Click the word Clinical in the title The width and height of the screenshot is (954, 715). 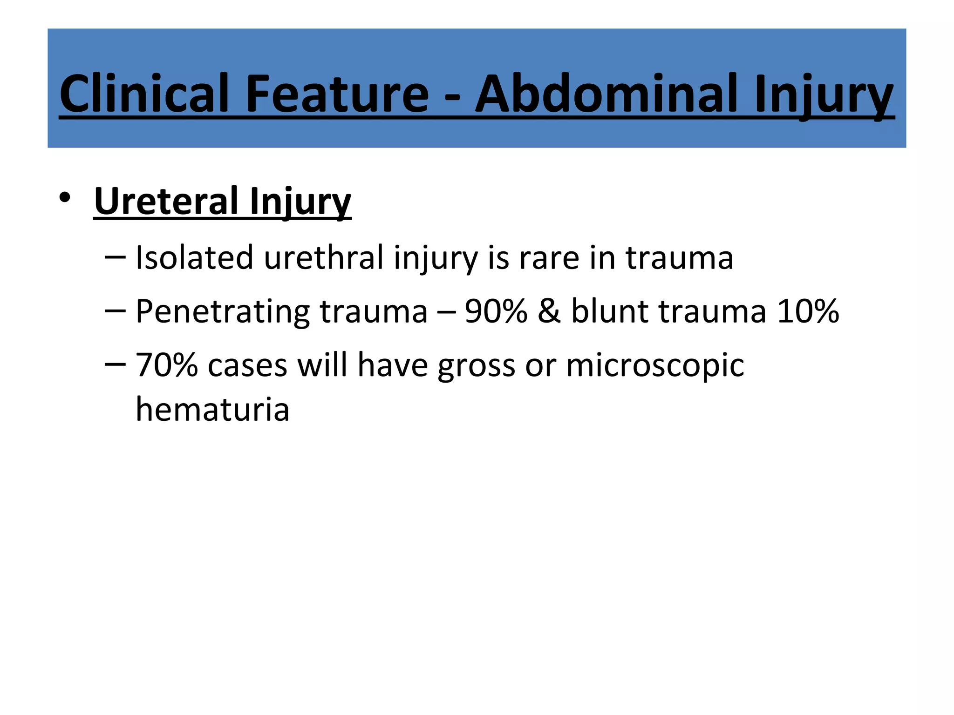[x=144, y=94]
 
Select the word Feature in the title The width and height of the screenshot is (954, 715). [x=336, y=94]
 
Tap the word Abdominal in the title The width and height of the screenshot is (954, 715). [x=606, y=94]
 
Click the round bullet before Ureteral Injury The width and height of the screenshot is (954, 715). [x=65, y=198]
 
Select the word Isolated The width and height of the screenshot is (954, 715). [x=194, y=257]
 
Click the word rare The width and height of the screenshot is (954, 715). [x=549, y=258]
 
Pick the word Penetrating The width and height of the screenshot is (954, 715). [x=223, y=312]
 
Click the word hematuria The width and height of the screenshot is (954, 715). [x=212, y=410]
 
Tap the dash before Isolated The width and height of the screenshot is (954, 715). [x=115, y=257]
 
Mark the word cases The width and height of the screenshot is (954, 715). [x=247, y=365]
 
